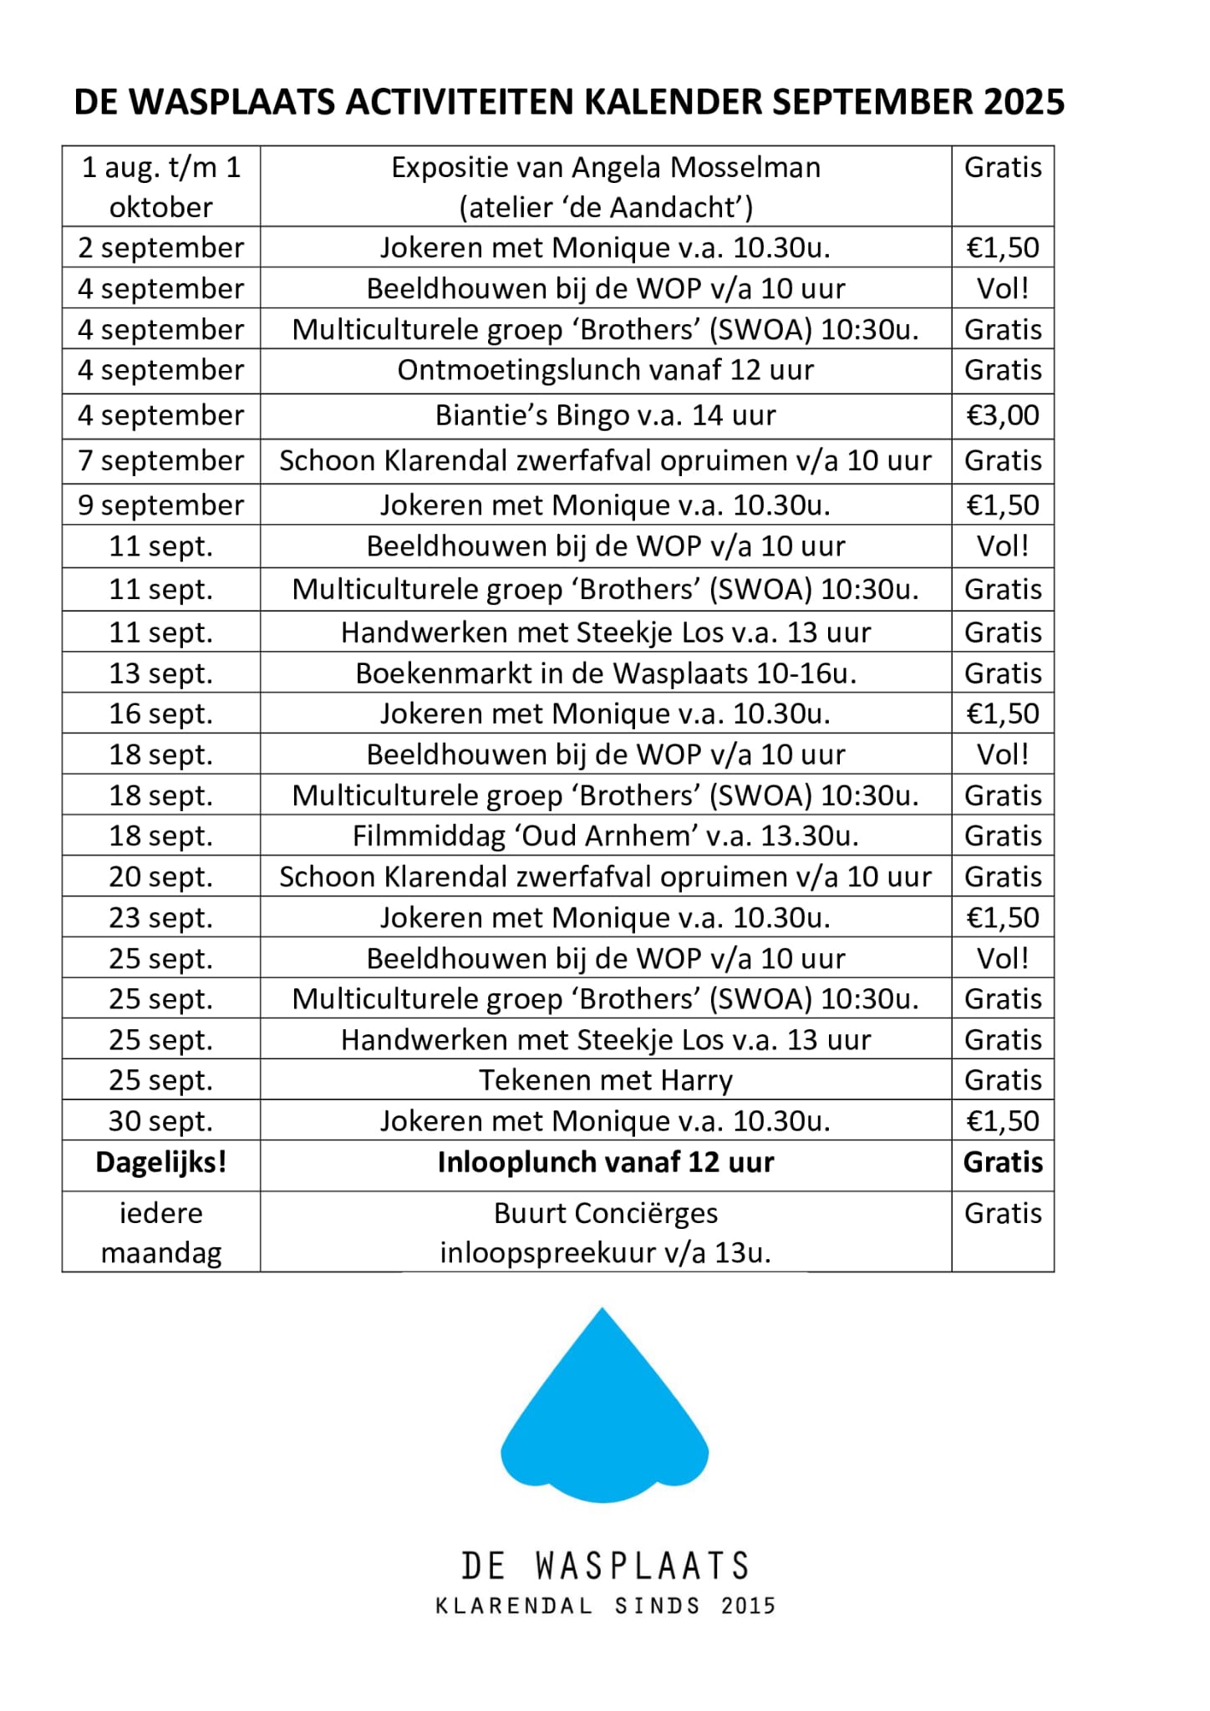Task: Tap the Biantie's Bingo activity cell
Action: point(605,415)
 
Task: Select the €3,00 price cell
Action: point(1003,415)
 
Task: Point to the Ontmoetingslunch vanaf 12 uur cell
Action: point(605,370)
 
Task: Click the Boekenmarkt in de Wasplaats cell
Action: point(605,673)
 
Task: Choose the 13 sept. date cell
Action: point(160,673)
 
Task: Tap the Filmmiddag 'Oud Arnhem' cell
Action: point(605,835)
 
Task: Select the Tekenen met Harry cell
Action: point(605,1080)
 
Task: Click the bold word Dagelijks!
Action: point(160,1162)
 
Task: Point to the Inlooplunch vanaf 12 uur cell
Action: point(605,1162)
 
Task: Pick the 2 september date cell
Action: point(160,248)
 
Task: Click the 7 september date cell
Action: point(160,460)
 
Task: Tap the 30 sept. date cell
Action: point(160,1121)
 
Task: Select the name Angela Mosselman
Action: point(695,168)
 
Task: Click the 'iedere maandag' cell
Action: point(160,1232)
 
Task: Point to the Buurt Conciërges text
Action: point(605,1213)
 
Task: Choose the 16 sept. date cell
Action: point(160,714)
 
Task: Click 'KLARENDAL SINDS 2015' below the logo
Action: point(605,1606)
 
